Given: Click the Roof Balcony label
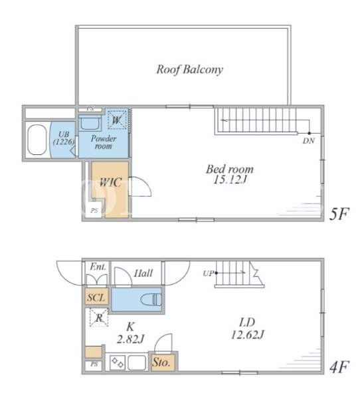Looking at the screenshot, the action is point(189,69).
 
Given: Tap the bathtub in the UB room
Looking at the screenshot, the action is point(37,140).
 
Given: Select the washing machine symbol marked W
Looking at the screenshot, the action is point(117,120).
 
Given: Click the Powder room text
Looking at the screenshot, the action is point(104,142).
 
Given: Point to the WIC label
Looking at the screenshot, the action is point(110,183).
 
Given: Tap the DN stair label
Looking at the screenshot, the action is point(309,141).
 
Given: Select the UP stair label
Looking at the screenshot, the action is point(208,273).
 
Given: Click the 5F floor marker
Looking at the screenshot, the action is point(339,214).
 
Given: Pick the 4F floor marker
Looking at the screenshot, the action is point(339,367).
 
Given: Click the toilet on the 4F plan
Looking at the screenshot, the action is point(151,299).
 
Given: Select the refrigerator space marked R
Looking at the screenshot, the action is point(99,317).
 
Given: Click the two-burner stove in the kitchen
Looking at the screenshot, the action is point(118,362).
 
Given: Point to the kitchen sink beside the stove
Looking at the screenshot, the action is point(137,362).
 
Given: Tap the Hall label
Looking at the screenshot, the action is point(143,273).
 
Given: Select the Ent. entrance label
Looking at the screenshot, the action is point(98,267).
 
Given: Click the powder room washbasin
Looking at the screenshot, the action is point(90,123).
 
